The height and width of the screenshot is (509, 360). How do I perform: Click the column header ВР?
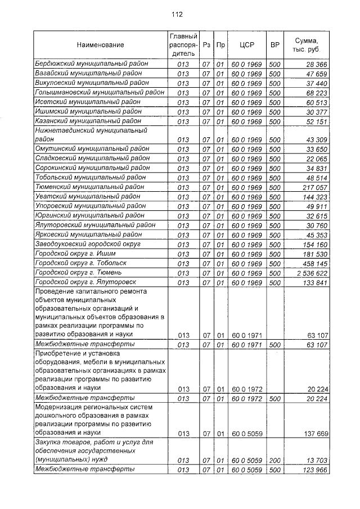tap(274, 45)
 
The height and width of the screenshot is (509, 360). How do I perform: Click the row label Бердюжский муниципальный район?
tap(92, 64)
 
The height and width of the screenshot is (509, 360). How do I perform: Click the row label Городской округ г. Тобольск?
tap(81, 263)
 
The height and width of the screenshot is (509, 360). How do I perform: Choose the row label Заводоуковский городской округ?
tap(88, 244)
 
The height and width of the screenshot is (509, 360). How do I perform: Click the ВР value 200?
tap(274, 460)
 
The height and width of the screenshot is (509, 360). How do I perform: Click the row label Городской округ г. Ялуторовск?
tap(84, 282)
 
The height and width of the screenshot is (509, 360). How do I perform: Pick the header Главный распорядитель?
tap(183, 45)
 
